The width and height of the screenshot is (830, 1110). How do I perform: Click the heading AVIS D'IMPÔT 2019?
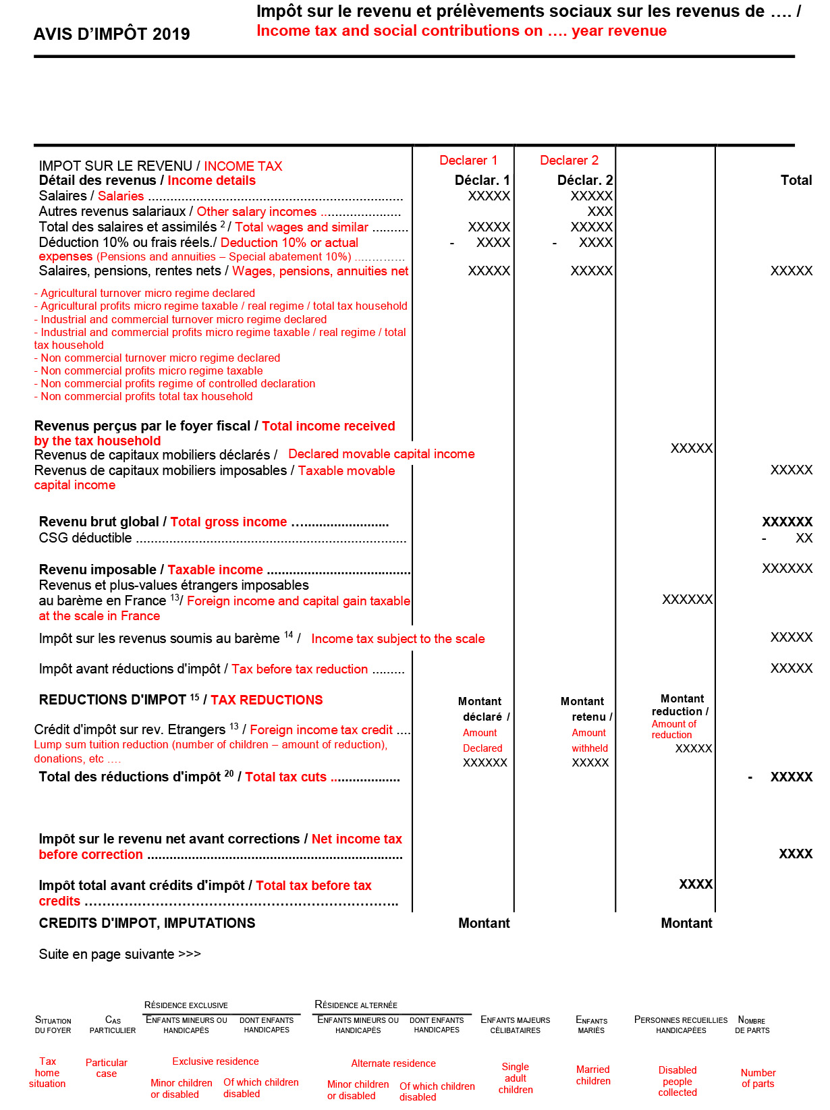pos(111,34)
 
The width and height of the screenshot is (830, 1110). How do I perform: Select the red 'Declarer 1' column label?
pos(468,160)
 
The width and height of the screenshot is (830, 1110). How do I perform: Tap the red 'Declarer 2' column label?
pos(569,160)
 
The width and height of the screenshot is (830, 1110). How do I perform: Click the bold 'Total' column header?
pos(796,180)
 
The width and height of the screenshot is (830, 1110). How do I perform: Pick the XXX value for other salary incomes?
pos(599,211)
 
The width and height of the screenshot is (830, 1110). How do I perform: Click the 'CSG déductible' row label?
pos(85,538)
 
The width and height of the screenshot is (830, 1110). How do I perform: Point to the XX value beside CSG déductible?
pos(804,538)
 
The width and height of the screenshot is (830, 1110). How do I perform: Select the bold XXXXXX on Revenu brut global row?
pos(787,522)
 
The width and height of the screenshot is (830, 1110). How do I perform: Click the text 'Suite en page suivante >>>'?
pos(119,954)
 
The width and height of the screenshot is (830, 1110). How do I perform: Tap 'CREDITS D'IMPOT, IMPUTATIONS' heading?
pos(146,923)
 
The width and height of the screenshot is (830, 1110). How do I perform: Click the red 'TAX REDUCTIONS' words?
pos(267,700)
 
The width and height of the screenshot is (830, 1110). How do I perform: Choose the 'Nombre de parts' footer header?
pos(752,1025)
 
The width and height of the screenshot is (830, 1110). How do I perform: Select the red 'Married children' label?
pos(592,1075)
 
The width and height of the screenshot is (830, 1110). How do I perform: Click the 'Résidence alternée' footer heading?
pos(356,1005)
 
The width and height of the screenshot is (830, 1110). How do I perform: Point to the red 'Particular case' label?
pos(106,1067)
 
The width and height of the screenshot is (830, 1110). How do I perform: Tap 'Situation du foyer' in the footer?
pos(53,1025)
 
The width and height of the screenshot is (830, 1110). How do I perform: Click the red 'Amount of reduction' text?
pos(673,729)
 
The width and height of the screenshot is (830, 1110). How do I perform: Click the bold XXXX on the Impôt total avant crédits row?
pos(695,884)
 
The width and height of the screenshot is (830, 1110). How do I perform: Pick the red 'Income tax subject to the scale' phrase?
pos(397,638)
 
